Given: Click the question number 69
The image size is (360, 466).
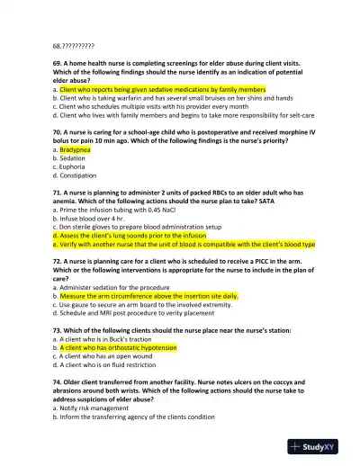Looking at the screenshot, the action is pos(58,64).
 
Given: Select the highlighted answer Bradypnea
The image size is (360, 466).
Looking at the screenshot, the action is pos(75,149).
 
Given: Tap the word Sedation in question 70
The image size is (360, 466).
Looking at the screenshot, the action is pos(73,157).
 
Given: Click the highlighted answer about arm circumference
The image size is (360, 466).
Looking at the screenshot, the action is pos(148,295).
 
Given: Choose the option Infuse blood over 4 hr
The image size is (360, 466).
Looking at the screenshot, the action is pos(96,218).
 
